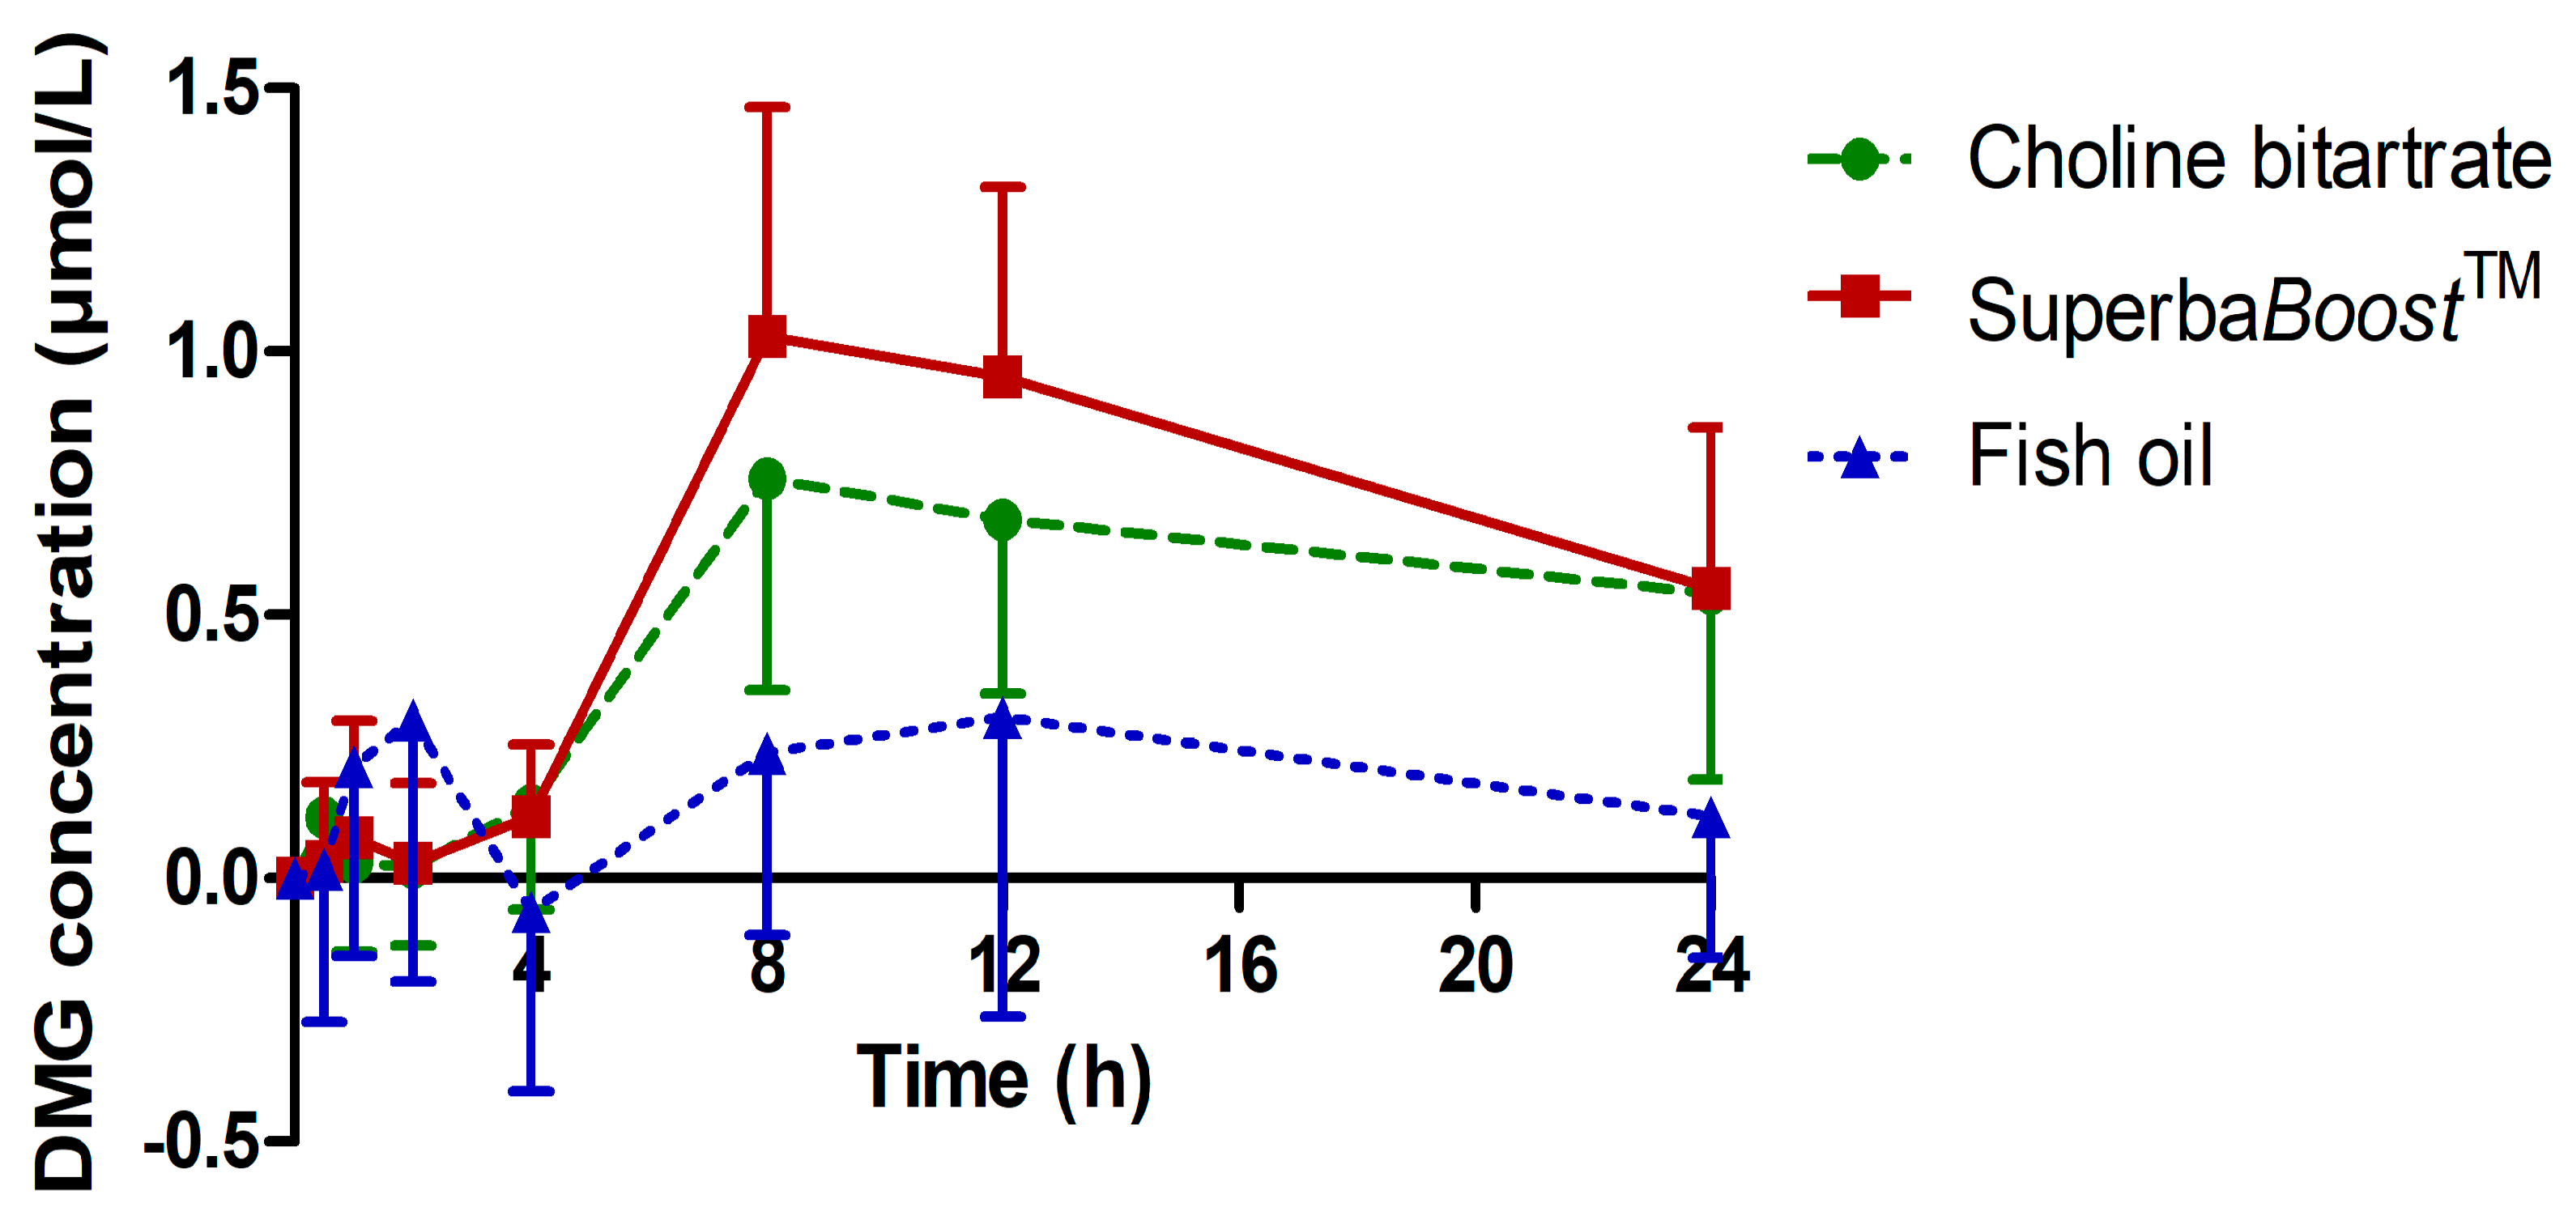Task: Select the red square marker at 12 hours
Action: [1002, 376]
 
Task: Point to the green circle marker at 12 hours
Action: [1002, 519]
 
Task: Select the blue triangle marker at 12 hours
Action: [1002, 720]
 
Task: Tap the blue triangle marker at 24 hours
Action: [1710, 819]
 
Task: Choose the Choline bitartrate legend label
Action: [2259, 159]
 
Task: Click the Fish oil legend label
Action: [2089, 457]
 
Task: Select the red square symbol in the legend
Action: [1859, 296]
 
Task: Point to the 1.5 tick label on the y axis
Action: [211, 87]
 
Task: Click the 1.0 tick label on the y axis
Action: [211, 351]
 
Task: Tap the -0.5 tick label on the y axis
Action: [202, 1141]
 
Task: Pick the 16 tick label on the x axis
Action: [1239, 965]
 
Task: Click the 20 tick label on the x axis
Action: [1476, 965]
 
